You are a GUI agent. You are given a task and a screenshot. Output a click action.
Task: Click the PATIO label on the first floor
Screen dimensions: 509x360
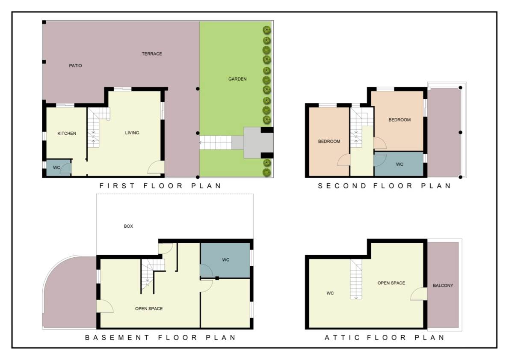(75, 65)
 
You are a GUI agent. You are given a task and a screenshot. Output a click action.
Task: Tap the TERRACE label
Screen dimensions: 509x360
(151, 54)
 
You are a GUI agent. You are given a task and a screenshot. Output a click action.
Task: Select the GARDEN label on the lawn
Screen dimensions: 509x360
(237, 79)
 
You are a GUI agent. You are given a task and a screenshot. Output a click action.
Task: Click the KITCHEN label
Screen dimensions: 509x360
(67, 134)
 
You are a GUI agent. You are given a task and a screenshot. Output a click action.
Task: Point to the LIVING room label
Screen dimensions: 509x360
(132, 133)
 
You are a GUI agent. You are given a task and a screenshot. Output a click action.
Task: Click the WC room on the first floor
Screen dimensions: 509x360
(59, 168)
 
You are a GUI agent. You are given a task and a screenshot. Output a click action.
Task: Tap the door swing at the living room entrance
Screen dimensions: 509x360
(156, 167)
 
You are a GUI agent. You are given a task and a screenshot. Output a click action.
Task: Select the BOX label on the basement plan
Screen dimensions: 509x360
(129, 226)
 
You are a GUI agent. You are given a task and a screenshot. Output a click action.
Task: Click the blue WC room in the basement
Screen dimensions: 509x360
(225, 260)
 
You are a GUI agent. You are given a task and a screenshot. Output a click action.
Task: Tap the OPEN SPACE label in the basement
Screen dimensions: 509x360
(149, 309)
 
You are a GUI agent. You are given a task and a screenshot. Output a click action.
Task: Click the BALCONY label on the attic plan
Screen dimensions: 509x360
(443, 286)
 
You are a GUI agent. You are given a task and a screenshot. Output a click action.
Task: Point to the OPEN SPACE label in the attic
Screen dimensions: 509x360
(391, 283)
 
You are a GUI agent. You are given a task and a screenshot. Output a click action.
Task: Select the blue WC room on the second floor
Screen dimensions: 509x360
(399, 164)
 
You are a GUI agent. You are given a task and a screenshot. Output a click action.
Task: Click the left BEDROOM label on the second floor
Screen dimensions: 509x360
(329, 142)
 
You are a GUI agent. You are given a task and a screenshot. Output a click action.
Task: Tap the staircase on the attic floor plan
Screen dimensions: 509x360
(356, 279)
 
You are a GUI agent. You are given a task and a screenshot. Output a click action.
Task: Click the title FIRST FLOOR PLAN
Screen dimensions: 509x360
(160, 186)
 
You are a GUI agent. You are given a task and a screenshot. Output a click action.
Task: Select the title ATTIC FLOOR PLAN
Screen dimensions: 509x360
(385, 338)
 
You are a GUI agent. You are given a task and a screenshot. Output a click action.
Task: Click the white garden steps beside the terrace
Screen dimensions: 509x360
(216, 143)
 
